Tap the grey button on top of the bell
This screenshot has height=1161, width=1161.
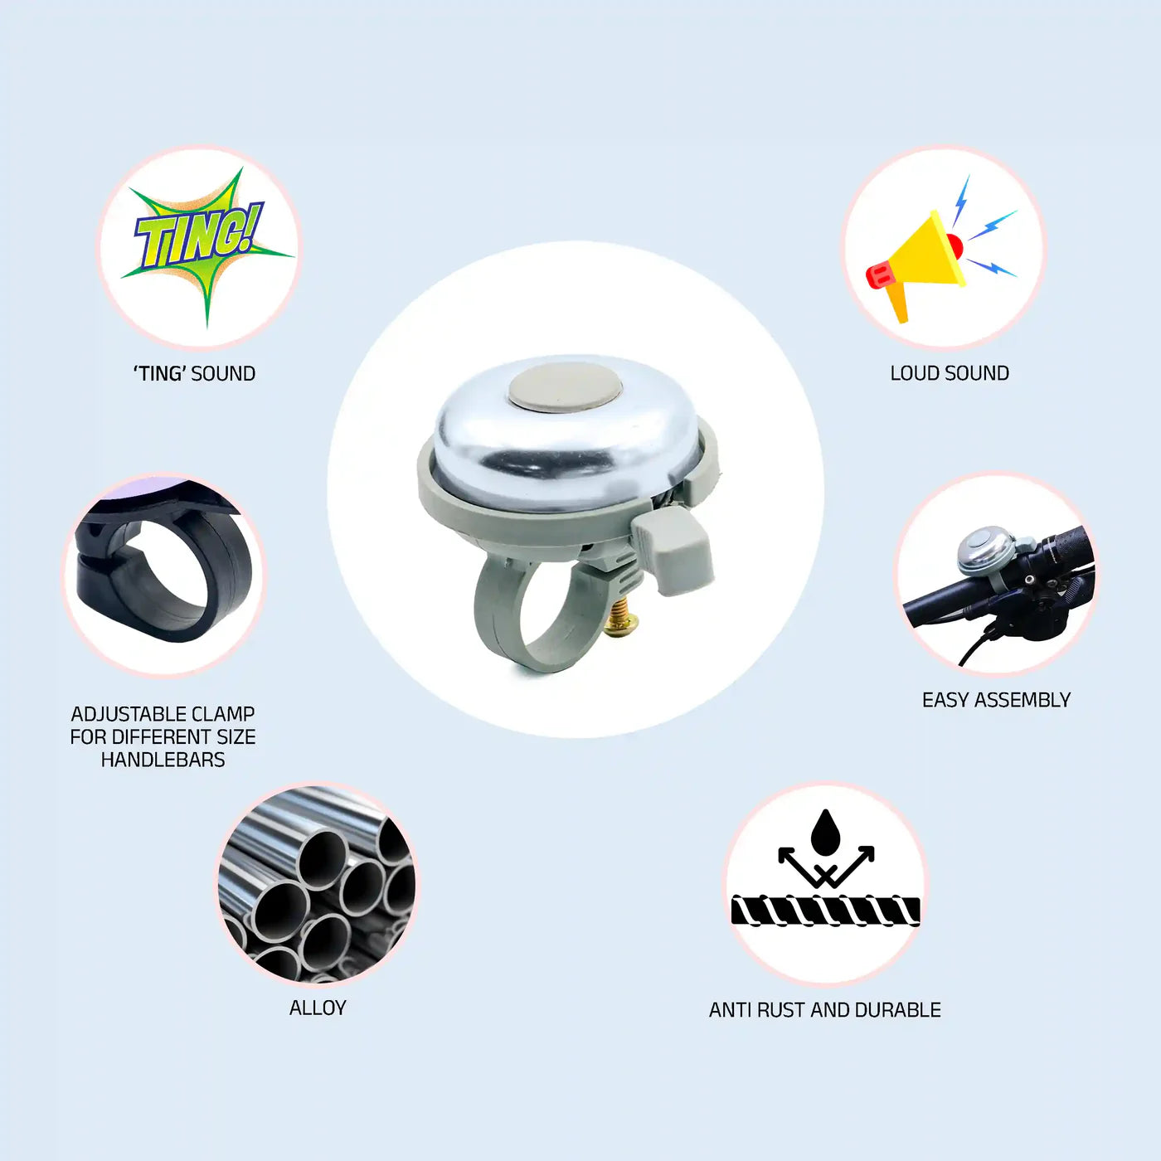565,387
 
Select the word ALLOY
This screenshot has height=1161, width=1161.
318,1008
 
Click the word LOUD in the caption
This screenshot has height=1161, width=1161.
911,373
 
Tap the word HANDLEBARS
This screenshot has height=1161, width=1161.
163,760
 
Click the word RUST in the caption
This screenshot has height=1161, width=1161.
781,1010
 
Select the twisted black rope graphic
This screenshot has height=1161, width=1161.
825,911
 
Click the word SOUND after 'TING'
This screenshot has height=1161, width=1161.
223,373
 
